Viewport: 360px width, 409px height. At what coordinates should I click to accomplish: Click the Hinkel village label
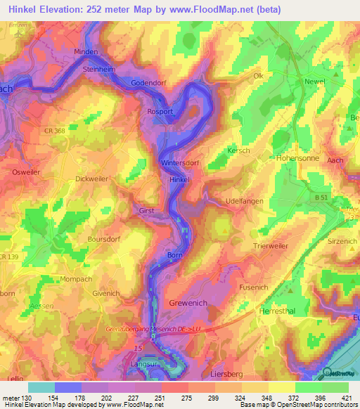click(180, 180)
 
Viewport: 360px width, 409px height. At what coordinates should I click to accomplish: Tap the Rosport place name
click(160, 110)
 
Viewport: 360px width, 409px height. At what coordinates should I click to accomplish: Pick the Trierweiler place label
click(271, 246)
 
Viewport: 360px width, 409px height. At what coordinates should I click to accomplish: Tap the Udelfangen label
click(244, 201)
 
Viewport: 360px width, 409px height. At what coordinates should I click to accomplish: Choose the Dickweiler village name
click(92, 179)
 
